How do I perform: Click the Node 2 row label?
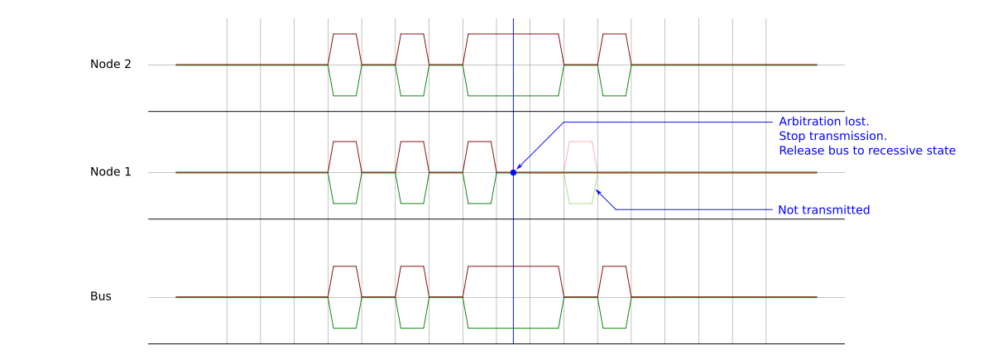111,65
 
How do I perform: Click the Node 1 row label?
111,172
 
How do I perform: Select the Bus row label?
101,296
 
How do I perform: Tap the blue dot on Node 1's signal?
513,172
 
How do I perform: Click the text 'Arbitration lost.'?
823,122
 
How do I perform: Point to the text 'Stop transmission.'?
832,136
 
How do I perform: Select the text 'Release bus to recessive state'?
867,151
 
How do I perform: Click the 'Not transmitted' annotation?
823,210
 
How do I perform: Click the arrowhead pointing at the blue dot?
519,166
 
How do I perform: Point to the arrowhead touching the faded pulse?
598,192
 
